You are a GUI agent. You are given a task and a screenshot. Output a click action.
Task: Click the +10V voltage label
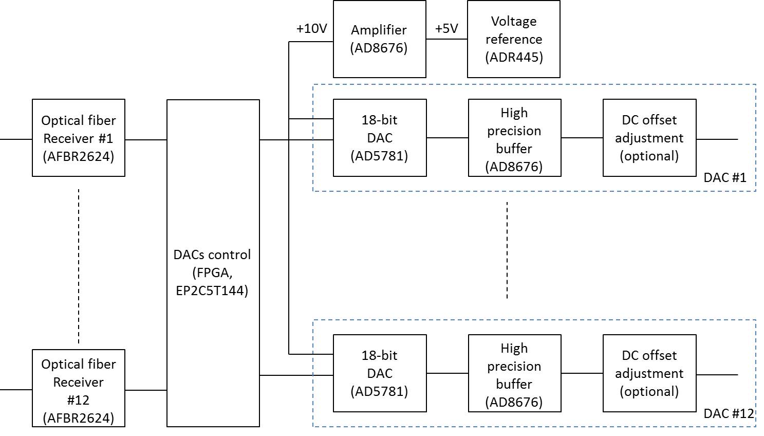311,29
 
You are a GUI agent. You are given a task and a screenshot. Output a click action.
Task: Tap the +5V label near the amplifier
446,29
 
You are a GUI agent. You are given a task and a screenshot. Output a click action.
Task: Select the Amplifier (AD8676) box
379,39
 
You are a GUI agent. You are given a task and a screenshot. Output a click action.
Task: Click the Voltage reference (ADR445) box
513,39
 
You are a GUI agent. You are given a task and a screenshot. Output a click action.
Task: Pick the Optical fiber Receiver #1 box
79,138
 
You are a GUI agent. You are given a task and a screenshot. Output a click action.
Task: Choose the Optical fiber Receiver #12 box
79,388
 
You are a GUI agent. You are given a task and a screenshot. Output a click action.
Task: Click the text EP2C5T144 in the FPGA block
212,290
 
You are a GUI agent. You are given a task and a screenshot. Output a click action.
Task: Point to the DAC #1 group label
724,178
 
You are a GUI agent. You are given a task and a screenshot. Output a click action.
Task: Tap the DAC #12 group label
728,413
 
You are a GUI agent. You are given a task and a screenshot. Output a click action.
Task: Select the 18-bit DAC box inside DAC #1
380,138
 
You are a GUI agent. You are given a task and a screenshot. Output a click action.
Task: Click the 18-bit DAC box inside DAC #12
380,373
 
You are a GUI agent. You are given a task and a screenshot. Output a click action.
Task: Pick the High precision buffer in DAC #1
514,138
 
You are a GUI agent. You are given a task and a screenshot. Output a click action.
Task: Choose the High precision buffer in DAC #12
514,373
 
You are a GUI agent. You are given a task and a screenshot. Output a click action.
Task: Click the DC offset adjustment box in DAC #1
649,138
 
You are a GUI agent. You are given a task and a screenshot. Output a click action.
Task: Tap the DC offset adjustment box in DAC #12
649,373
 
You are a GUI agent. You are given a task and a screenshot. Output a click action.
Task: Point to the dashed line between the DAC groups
507,250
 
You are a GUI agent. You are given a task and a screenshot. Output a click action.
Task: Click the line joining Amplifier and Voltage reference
446,39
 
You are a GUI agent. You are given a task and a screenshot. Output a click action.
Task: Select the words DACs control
212,255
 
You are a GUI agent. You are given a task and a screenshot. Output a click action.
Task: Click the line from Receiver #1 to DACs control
146,139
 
